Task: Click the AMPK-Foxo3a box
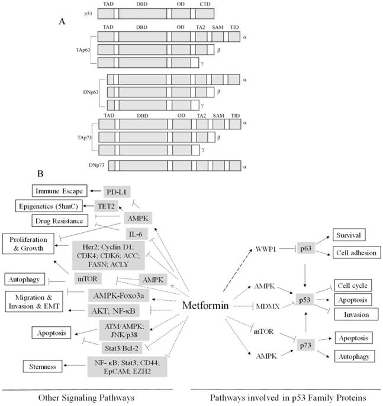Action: [114, 295]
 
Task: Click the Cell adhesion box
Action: [356, 252]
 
